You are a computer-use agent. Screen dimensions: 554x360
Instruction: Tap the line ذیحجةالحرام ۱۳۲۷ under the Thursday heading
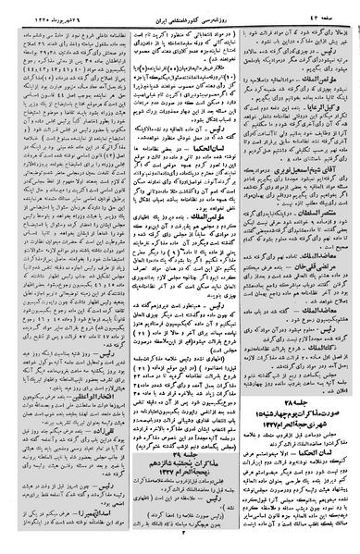181,487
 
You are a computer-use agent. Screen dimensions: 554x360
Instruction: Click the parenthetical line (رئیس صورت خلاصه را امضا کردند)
181,520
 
